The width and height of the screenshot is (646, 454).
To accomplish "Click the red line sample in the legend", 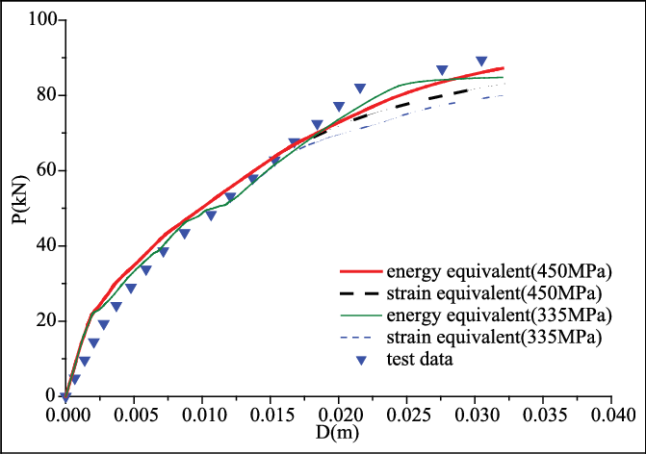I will pyautogui.click(x=361, y=271).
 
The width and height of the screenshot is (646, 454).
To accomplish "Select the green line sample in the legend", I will pyautogui.click(x=361, y=315).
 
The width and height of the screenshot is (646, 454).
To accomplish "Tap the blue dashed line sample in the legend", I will pyautogui.click(x=361, y=337).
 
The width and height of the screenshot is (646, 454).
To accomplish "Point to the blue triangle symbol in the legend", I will pyautogui.click(x=361, y=360).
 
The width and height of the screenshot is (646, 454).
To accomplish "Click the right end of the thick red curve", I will pyautogui.click(x=504, y=68).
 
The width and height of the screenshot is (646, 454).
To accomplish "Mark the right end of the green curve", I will pyautogui.click(x=503, y=77).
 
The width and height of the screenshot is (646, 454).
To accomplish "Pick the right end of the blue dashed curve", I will pyautogui.click(x=503, y=95).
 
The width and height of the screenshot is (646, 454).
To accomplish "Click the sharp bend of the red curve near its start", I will pyautogui.click(x=92, y=314).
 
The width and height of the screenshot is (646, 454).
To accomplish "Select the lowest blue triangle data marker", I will pyautogui.click(x=65, y=396).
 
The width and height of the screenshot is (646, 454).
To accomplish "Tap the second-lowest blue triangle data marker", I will pyautogui.click(x=74, y=379).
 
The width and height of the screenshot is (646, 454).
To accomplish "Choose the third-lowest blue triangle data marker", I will pyautogui.click(x=85, y=361).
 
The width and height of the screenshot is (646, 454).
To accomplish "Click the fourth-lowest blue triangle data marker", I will pyautogui.click(x=93, y=342).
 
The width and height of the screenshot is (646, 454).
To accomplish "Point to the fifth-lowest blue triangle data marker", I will pyautogui.click(x=103, y=324).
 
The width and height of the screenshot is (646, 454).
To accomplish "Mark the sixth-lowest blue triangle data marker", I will pyautogui.click(x=116, y=307).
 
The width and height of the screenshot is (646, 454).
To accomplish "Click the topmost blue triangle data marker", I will pyautogui.click(x=481, y=61).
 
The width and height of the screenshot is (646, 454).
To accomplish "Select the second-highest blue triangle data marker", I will pyautogui.click(x=442, y=70).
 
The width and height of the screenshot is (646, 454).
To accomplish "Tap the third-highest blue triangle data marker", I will pyautogui.click(x=360, y=88).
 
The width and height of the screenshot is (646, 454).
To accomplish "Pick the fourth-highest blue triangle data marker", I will pyautogui.click(x=339, y=107).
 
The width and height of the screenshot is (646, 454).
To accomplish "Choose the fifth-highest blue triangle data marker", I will pyautogui.click(x=317, y=124).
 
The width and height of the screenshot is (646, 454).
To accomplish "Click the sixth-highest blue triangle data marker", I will pyautogui.click(x=295, y=142).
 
